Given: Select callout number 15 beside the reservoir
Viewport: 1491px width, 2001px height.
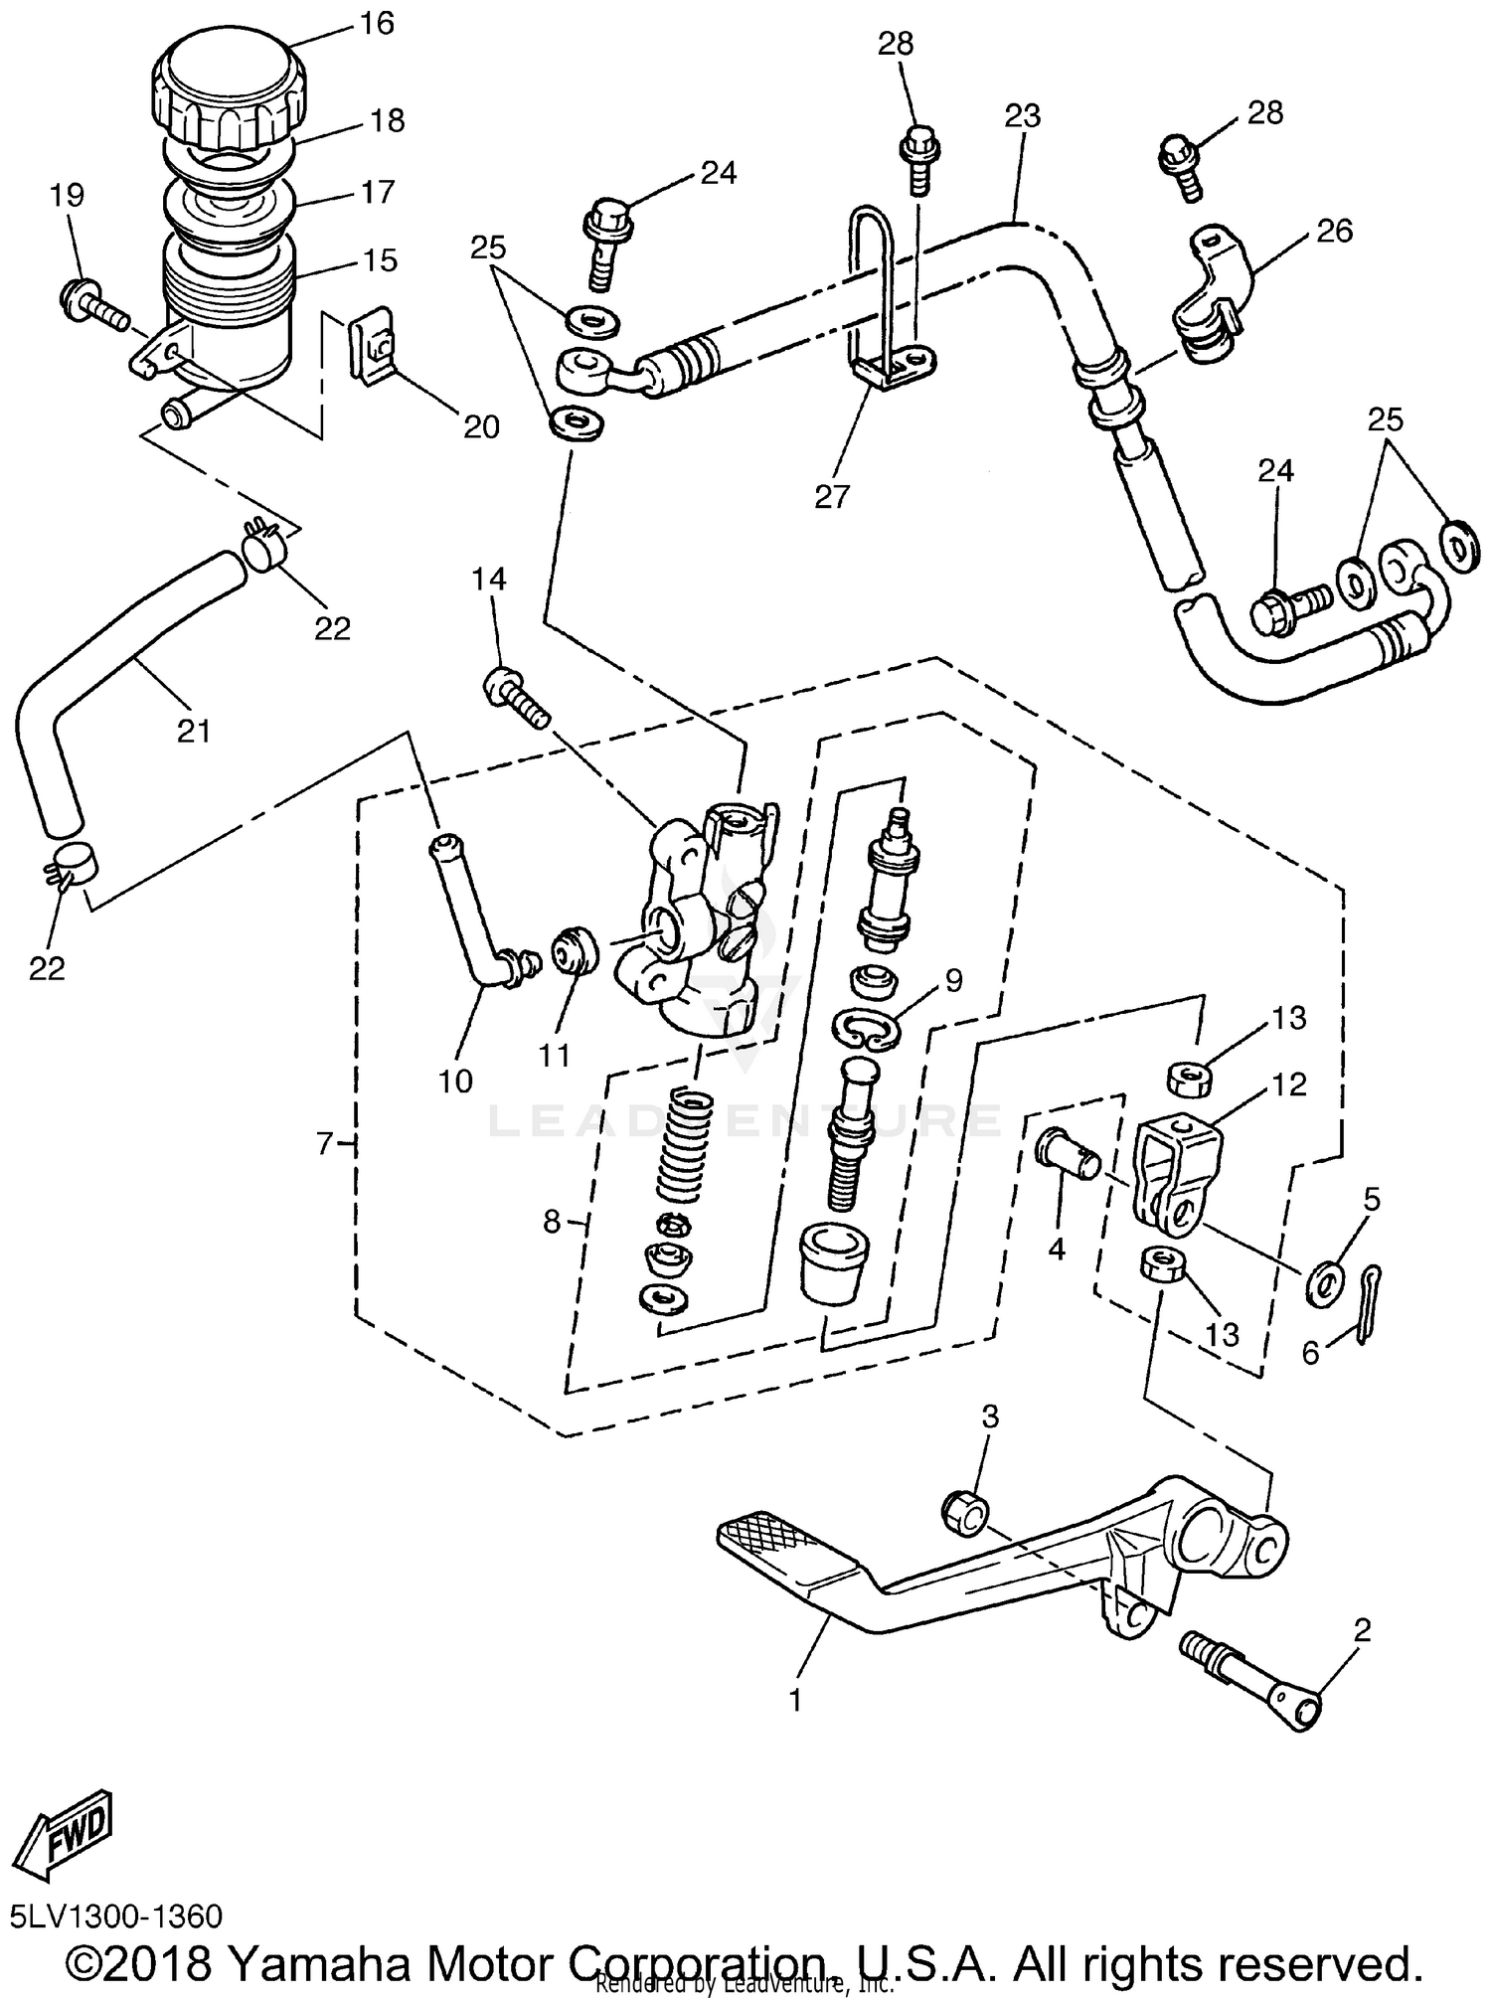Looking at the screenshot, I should [381, 260].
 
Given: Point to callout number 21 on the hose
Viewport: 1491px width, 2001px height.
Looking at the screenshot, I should [194, 732].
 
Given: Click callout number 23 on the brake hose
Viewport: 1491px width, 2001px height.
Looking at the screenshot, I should [1022, 117].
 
